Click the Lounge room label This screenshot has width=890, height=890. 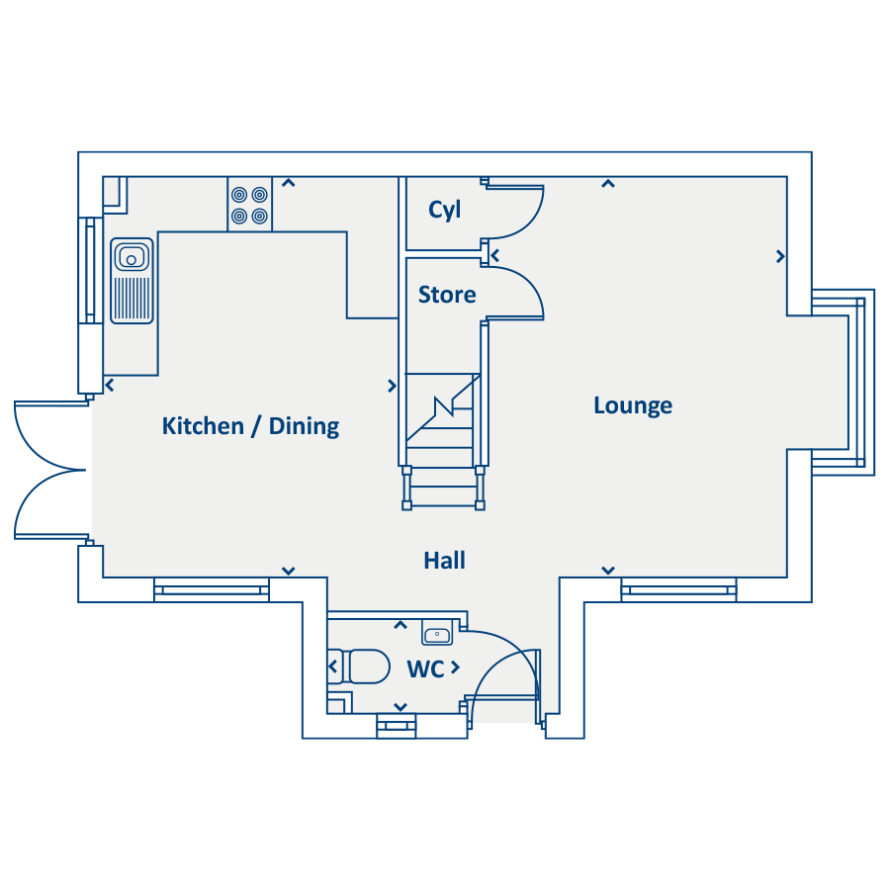coord(633,406)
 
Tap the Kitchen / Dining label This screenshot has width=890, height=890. coord(250,426)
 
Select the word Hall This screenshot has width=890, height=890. coord(444,561)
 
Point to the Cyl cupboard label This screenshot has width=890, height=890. coord(444,210)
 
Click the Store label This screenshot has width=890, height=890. coord(447,295)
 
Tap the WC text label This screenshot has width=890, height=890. coord(425,669)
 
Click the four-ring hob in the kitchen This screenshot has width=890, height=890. coord(250,205)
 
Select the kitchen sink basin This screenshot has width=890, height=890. coord(132,256)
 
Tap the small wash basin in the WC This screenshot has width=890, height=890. coord(437,633)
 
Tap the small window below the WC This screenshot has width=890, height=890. coord(397,726)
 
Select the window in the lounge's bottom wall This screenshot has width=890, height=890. coord(678,590)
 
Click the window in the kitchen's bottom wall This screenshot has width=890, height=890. coord(212,590)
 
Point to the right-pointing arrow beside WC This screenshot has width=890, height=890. coord(455,667)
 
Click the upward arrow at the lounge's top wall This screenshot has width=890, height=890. coord(608,183)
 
